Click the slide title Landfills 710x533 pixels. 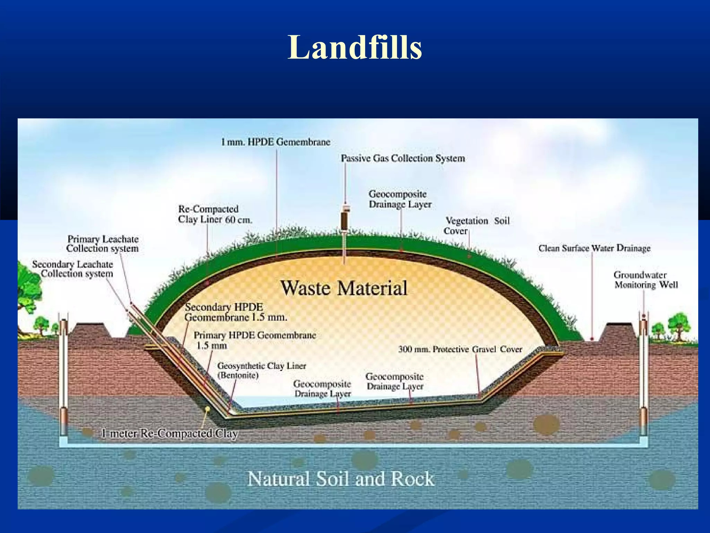[x=355, y=47]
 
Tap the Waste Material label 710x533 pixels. [x=344, y=288]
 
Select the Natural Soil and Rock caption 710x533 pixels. [x=341, y=479]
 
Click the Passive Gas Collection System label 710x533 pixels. [x=403, y=158]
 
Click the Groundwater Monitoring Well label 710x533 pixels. [x=646, y=280]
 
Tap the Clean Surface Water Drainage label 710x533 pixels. [x=594, y=248]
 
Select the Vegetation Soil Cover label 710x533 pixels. [x=477, y=226]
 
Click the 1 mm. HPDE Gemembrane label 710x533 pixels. [x=276, y=142]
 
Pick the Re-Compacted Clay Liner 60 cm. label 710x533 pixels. [x=215, y=214]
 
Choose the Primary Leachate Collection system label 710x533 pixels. [x=103, y=244]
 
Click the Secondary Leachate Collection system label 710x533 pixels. [x=73, y=269]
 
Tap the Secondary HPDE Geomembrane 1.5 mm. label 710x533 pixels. [x=236, y=312]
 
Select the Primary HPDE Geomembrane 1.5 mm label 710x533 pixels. [x=255, y=340]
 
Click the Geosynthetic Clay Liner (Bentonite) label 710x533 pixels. [x=262, y=370]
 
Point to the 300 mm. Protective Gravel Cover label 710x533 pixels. [x=460, y=349]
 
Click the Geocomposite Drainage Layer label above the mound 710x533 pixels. [x=400, y=199]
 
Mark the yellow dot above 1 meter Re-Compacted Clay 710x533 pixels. [x=207, y=409]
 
